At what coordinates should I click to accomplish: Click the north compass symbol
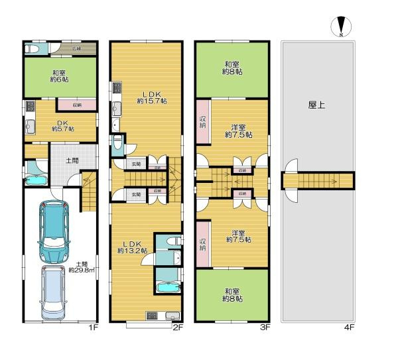340,26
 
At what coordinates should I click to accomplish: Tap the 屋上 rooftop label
316,105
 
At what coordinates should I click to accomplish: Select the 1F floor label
94,327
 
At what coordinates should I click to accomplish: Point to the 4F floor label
350,327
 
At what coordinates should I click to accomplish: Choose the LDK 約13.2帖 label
133,247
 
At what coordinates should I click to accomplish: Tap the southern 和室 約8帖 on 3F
232,295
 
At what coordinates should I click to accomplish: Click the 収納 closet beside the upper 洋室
203,121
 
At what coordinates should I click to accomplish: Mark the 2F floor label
178,327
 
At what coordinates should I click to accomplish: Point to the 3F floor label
263,327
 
